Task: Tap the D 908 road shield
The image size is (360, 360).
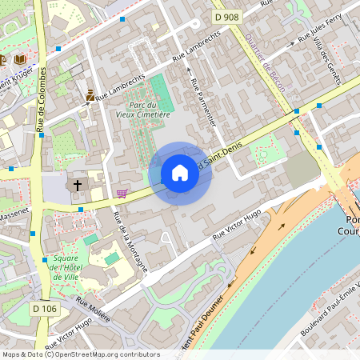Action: pyautogui.click(x=226, y=16)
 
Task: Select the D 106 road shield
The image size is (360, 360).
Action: pyautogui.click(x=45, y=307)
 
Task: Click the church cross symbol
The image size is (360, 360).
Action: pyautogui.click(x=78, y=186)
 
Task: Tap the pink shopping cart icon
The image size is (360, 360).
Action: pyautogui.click(x=122, y=193)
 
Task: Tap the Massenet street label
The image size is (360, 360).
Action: pyautogui.click(x=13, y=215)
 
